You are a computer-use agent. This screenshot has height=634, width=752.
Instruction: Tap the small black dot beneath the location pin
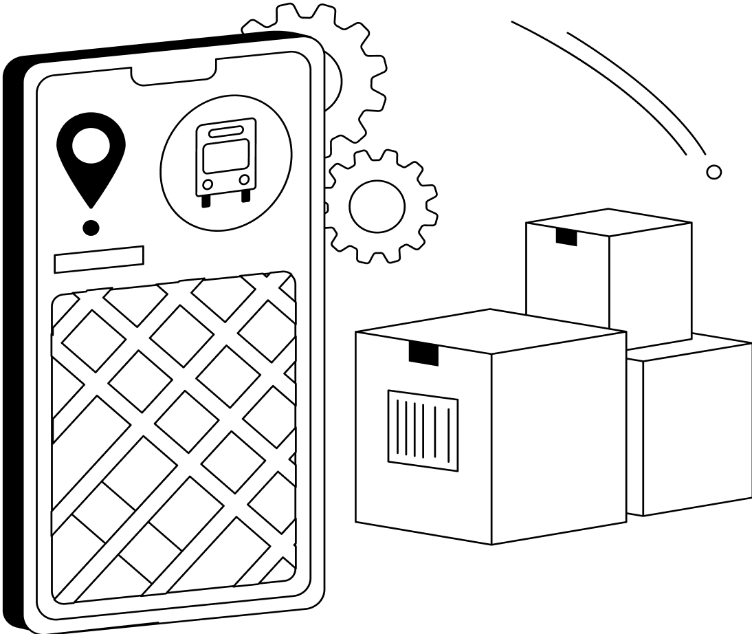(91, 227)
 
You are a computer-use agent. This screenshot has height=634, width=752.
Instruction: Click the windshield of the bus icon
(225, 156)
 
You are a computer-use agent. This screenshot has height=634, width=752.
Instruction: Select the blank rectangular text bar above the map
(99, 259)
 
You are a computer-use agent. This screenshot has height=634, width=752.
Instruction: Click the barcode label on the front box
(423, 430)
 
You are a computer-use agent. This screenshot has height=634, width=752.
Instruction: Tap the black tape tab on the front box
(423, 352)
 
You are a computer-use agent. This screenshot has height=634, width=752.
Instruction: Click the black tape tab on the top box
(566, 237)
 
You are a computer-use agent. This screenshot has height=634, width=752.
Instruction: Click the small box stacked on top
(608, 275)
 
